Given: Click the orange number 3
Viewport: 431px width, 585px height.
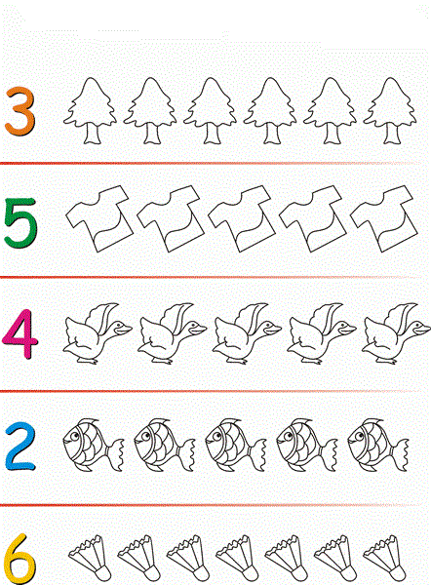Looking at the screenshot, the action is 21,111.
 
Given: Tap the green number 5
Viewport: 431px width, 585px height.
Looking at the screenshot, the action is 20,222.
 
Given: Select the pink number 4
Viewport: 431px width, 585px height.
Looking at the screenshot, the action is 20,333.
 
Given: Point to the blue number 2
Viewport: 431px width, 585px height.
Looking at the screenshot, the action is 20,447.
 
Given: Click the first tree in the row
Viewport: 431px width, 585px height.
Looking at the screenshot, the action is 90,110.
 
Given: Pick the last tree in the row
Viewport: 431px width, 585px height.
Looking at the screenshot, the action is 390,110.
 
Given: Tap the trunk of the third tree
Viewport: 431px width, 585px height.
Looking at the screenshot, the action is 211,134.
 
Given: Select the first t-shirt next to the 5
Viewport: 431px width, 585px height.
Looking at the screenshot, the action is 99,218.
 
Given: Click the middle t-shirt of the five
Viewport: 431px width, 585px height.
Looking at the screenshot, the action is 242,218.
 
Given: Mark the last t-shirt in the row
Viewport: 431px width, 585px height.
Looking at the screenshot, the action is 384,218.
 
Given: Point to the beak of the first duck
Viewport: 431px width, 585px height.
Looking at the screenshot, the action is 123,329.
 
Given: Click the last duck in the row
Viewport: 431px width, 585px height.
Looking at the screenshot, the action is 396,333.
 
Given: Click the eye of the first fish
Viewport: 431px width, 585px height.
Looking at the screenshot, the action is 74,436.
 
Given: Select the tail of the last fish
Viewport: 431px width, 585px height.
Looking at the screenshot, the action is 399,455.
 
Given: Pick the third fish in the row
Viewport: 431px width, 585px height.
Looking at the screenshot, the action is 235,446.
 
